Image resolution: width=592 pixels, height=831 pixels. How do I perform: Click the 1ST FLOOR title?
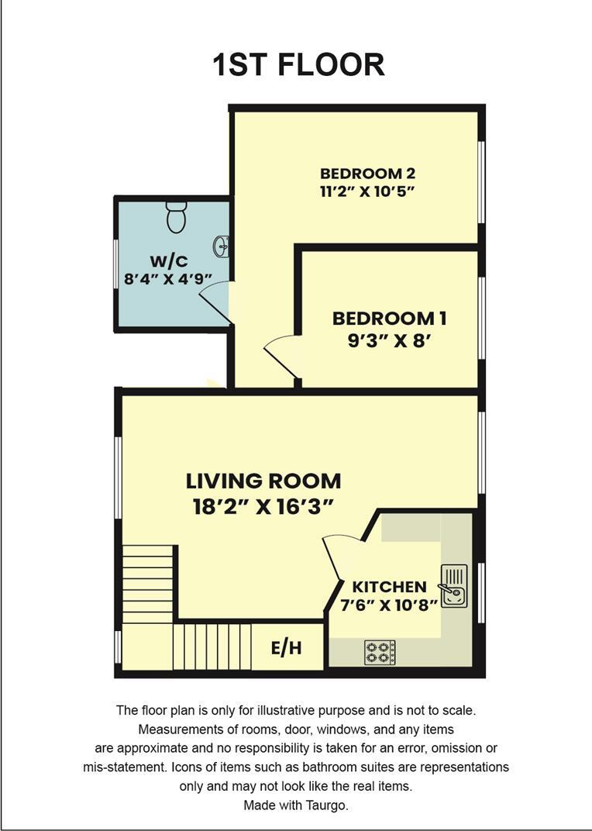(298, 65)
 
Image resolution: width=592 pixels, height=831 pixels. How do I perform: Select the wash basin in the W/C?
(222, 247)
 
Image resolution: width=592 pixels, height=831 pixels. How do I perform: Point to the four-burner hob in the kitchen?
(380, 652)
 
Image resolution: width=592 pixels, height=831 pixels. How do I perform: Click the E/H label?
(286, 648)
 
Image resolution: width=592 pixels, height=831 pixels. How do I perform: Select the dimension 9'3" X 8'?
(389, 341)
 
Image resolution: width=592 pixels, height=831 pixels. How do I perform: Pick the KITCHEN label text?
(389, 587)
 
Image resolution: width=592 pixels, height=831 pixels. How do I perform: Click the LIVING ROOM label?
(263, 481)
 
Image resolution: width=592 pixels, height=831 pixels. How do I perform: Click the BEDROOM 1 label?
(389, 318)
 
